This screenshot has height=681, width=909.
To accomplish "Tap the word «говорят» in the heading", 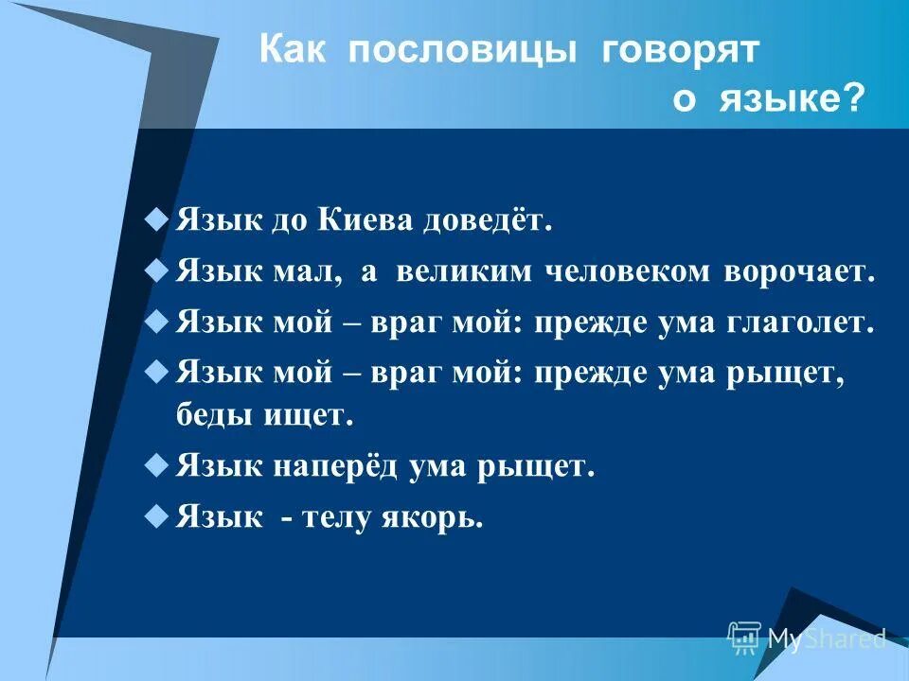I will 681,51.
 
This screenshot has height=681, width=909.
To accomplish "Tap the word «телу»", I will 340,518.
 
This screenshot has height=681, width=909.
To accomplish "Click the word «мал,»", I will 317,273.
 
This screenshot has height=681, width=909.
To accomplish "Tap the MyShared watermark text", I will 826,638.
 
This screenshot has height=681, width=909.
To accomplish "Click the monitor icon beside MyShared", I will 745,637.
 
